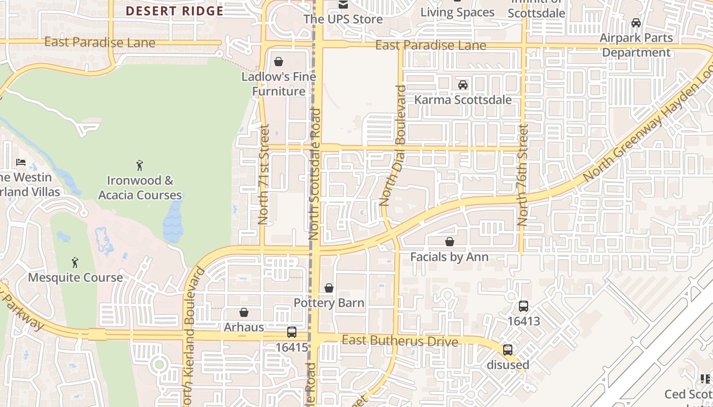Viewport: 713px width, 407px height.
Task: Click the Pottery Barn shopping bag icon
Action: [329, 288]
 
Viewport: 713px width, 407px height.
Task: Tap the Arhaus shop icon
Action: [244, 312]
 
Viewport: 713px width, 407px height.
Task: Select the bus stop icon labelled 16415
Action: [292, 332]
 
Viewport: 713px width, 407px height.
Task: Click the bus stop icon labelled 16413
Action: [523, 306]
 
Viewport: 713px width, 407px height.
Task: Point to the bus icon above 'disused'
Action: [508, 350]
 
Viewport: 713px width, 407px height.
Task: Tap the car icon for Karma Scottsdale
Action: [462, 85]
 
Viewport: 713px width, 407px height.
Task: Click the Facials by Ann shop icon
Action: [449, 242]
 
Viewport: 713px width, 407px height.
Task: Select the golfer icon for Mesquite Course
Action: [75, 263]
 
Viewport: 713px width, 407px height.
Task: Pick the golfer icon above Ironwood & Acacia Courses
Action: [140, 165]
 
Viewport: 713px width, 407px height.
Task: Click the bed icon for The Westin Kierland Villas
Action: [21, 162]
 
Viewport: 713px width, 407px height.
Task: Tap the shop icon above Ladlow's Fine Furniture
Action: [279, 62]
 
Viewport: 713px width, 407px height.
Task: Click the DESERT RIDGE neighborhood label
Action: [174, 11]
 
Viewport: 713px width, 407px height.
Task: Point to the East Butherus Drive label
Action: [400, 340]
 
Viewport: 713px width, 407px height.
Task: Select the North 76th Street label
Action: [523, 176]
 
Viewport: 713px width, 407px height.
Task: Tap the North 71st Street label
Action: [263, 175]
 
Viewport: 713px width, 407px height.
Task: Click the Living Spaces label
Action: [457, 12]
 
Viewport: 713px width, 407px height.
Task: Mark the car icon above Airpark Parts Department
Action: [636, 23]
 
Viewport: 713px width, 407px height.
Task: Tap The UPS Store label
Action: [343, 19]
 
